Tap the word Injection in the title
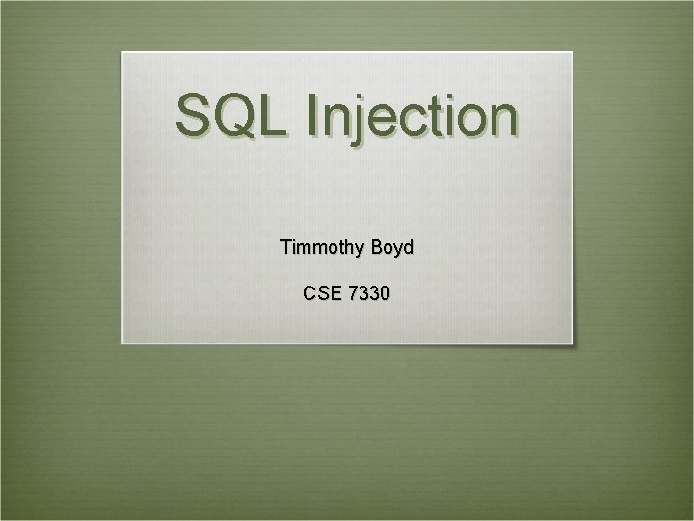(413, 117)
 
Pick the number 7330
(370, 292)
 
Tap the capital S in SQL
(194, 115)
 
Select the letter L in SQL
(276, 115)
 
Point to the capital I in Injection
(313, 115)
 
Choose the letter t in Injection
(440, 117)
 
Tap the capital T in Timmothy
(286, 247)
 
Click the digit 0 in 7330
(386, 292)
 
